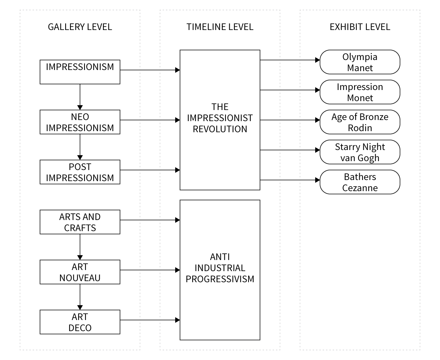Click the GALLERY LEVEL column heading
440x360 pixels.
80,27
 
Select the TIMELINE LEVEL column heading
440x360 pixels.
220,27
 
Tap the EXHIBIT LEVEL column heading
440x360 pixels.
360,27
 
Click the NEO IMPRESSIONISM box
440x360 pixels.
80,122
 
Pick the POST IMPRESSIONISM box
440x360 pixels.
80,172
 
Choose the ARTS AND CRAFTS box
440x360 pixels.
80,222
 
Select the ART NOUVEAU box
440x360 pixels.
80,272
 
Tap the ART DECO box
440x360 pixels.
80,322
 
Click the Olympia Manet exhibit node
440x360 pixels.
360,62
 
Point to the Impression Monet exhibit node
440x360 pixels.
360,92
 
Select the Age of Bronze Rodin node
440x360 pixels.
360,122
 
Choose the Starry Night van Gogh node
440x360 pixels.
360,152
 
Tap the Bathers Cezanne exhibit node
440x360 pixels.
360,182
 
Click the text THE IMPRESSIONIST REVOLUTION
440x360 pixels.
220,118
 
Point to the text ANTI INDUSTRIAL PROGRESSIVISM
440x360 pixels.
220,268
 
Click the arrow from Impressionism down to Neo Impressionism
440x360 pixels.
80,97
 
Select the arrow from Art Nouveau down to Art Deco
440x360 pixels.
80,297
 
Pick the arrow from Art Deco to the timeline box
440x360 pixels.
150,320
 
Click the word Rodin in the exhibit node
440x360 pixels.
360,128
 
